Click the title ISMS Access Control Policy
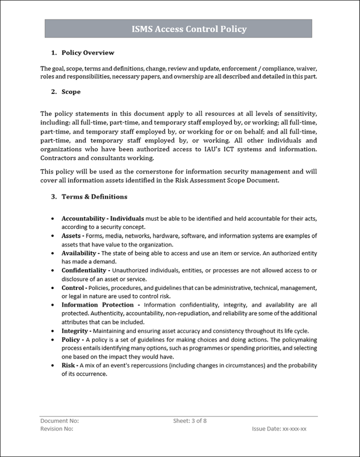click(x=189, y=29)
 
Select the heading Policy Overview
click(x=87, y=52)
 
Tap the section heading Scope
click(x=70, y=91)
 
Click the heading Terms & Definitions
click(x=94, y=196)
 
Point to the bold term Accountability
click(x=82, y=218)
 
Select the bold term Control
click(x=73, y=288)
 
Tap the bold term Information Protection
click(x=97, y=304)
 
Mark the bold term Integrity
click(x=75, y=330)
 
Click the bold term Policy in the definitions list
click(x=70, y=339)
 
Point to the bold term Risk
click(x=68, y=365)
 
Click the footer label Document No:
click(x=59, y=421)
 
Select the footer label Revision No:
click(x=57, y=429)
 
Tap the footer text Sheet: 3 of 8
click(x=190, y=421)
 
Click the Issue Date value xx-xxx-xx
click(x=294, y=429)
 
